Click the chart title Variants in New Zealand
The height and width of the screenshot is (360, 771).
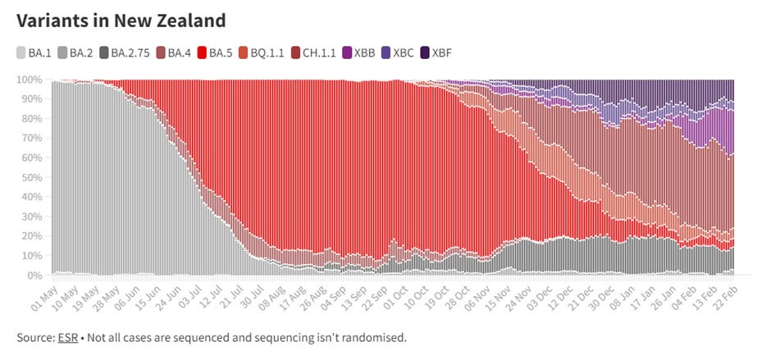point(121,21)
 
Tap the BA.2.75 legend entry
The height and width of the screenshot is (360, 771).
point(125,52)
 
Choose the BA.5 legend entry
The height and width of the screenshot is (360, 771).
point(215,52)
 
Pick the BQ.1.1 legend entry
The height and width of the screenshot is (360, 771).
point(261,52)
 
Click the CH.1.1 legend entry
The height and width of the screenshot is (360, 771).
point(313,52)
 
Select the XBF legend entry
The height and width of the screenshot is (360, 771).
point(436,52)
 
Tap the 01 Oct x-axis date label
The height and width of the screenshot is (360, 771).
point(396,297)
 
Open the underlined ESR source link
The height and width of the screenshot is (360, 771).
point(68,338)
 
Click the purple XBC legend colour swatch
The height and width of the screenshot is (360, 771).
point(386,52)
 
